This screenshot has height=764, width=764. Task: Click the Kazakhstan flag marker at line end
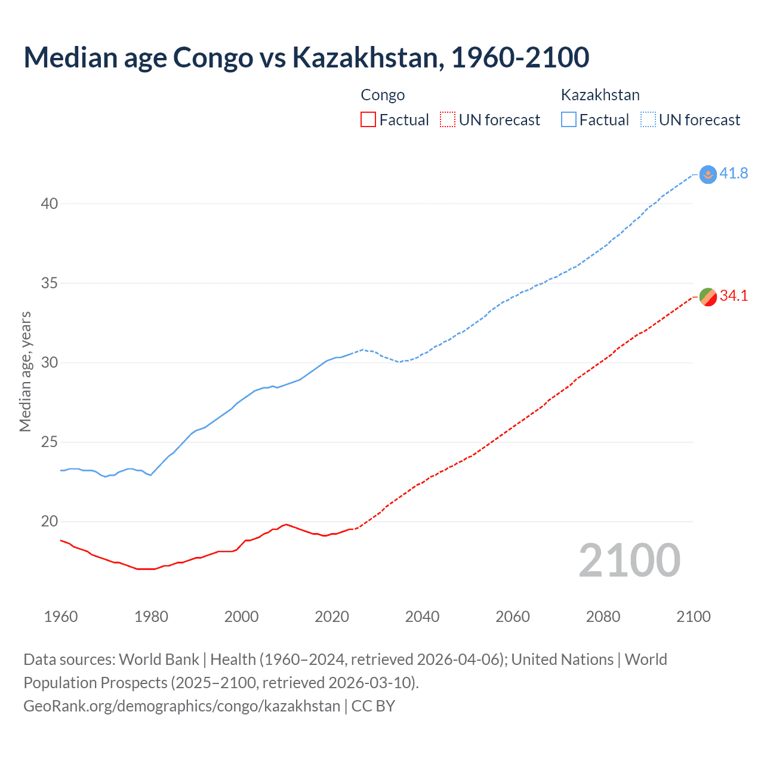[707, 174]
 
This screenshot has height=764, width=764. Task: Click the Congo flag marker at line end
[707, 297]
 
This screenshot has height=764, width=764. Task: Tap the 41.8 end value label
[734, 174]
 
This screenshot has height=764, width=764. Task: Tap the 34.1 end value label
[734, 296]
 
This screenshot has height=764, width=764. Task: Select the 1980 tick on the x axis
[151, 617]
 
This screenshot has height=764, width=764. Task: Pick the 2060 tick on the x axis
[513, 617]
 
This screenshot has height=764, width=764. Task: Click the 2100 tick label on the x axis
[694, 617]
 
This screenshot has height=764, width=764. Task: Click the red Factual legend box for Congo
[368, 120]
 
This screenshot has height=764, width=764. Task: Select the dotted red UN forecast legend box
[448, 120]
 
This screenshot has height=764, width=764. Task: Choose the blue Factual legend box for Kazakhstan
[568, 120]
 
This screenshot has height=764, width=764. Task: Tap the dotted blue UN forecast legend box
[648, 120]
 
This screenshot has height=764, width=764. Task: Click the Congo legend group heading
[383, 95]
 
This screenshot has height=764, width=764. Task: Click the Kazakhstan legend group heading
[600, 95]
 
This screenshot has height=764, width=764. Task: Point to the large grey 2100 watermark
[629, 560]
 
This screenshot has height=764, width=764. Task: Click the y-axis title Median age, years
[25, 371]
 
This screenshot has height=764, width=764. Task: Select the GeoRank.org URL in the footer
[181, 706]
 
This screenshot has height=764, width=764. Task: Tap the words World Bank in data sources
[159, 660]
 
